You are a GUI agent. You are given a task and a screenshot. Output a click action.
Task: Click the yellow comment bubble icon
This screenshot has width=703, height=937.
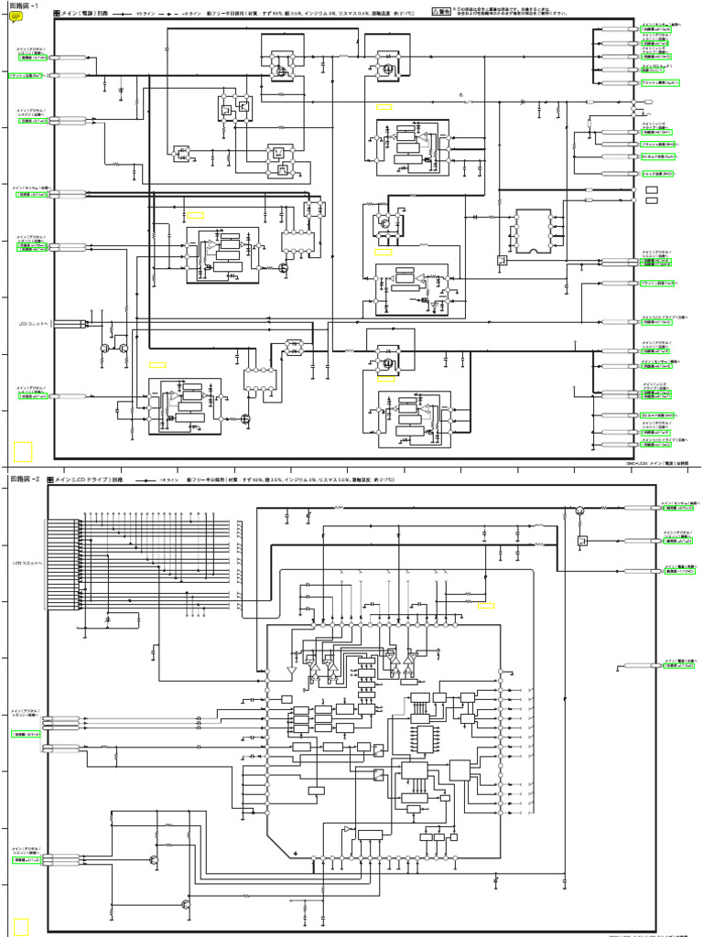tap(16, 16)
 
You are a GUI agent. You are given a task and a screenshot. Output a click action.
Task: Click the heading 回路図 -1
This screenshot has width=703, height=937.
tap(25, 5)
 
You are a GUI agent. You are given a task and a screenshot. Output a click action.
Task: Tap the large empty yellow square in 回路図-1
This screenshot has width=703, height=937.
tap(23, 452)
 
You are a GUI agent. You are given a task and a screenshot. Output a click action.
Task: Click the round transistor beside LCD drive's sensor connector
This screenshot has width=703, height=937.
tap(579, 509)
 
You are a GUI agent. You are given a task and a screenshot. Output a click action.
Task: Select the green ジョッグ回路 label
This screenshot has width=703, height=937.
tap(657, 173)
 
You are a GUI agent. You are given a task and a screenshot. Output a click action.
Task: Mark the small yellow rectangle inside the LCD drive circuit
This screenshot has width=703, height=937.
tap(485, 606)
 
